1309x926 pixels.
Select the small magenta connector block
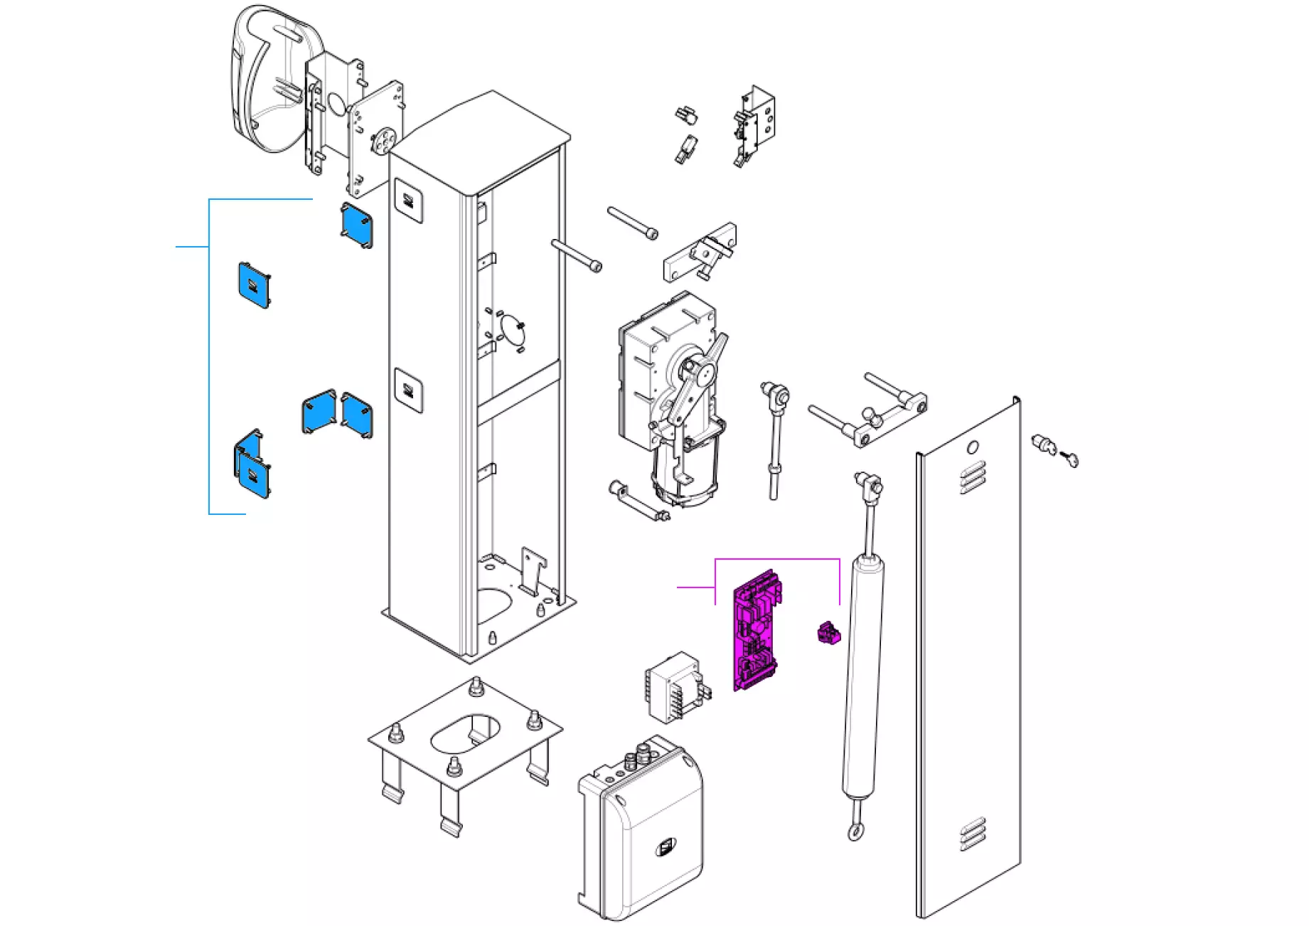pos(826,632)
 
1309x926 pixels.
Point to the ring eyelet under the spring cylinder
pos(855,832)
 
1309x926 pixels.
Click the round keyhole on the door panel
pos(973,447)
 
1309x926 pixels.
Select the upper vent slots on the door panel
pos(973,477)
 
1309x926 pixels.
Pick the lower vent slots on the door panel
pos(973,834)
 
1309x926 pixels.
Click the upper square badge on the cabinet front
pos(409,201)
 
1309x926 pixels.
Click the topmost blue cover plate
pos(356,225)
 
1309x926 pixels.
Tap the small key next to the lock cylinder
pos(1069,459)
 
